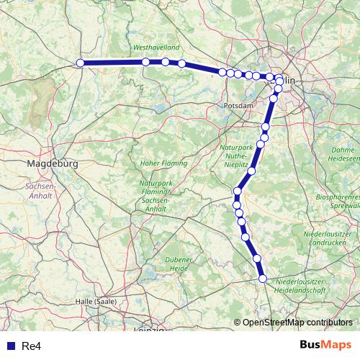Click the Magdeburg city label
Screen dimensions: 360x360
click(x=51, y=164)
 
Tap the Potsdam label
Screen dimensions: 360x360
click(x=239, y=105)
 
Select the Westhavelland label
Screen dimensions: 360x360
click(x=156, y=48)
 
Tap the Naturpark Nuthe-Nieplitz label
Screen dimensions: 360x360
click(x=237, y=155)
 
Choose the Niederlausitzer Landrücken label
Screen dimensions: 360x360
click(x=330, y=239)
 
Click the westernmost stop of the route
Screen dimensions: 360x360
click(x=81, y=63)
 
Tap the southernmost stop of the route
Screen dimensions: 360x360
click(x=263, y=279)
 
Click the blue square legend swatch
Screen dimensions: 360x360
click(x=10, y=346)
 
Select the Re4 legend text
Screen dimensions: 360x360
click(x=31, y=346)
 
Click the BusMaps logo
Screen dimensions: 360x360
click(x=325, y=346)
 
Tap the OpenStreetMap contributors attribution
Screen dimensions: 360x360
click(x=297, y=323)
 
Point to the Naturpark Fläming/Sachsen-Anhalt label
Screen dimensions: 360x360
click(x=157, y=192)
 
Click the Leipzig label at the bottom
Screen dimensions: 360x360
click(x=150, y=330)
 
